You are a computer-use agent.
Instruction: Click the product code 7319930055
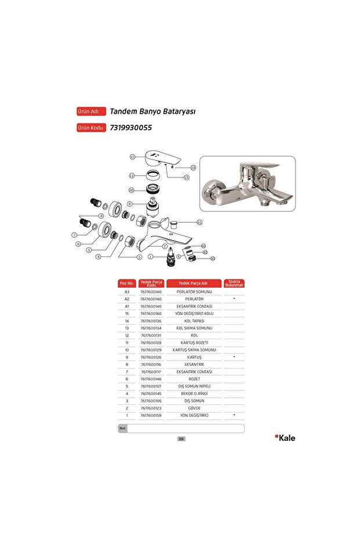click(130, 128)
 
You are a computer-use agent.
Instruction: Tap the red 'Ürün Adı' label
click(91, 111)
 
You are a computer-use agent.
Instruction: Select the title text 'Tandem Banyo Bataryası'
click(152, 111)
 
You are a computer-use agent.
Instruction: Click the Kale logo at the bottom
click(285, 438)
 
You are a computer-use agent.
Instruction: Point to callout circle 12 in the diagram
click(132, 157)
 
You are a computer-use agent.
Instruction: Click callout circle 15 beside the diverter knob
click(199, 222)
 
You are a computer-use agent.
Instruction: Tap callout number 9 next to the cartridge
click(130, 204)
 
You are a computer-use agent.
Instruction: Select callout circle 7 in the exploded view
click(74, 235)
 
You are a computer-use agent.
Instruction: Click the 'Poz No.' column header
click(126, 283)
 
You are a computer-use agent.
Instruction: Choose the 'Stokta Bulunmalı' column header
click(234, 283)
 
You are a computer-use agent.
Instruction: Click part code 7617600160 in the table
click(151, 313)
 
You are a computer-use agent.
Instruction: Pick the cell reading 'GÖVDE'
click(194, 408)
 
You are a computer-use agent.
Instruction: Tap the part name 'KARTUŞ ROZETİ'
click(194, 343)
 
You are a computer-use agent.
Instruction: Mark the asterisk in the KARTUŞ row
click(234, 357)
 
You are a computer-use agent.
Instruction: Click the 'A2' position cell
click(126, 299)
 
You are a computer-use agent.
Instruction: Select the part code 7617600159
click(151, 415)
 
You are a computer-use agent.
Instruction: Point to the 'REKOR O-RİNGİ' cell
click(194, 394)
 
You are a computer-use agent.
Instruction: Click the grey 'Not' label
click(122, 429)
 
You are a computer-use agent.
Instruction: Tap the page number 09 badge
click(181, 439)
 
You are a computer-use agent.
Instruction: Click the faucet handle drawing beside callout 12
click(162, 158)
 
